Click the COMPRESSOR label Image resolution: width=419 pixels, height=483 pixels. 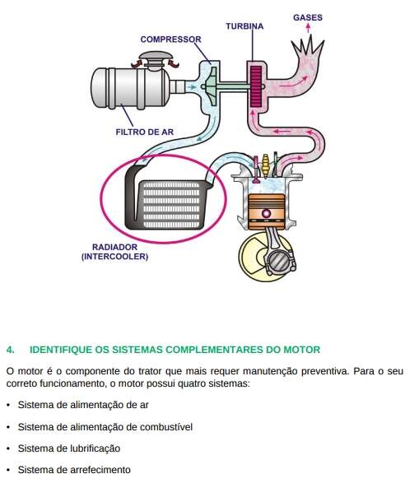point(170,39)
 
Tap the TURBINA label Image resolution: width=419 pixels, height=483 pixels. point(244,26)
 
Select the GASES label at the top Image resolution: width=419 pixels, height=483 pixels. point(308,17)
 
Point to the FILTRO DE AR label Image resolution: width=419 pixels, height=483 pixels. point(145,132)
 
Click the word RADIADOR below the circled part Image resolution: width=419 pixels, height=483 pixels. point(114,247)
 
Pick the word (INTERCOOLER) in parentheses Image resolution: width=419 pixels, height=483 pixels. point(114,256)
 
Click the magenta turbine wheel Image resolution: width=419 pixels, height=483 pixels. point(256,86)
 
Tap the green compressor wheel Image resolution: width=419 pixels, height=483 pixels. point(211,86)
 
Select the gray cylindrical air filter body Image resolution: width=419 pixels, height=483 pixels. point(130,87)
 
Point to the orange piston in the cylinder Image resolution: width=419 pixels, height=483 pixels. point(267,211)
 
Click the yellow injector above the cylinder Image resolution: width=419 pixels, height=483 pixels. point(265,165)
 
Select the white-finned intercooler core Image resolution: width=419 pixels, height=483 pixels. point(171,205)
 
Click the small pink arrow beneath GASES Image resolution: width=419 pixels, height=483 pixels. point(308,28)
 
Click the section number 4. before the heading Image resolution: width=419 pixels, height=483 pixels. point(10,350)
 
